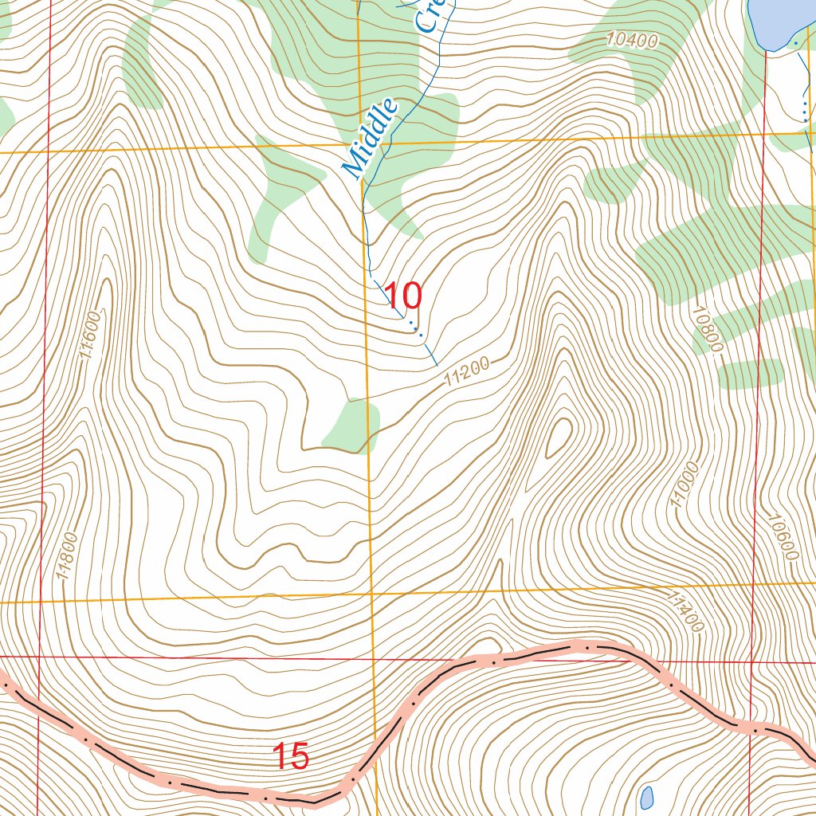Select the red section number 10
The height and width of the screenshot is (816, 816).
(403, 296)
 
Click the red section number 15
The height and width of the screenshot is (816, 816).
(291, 757)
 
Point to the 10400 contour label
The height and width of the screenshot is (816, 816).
(630, 39)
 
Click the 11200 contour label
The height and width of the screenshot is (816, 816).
(467, 372)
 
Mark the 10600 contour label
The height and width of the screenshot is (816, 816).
(783, 535)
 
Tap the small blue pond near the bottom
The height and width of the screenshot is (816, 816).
(647, 796)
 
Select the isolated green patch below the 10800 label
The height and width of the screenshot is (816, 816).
(751, 374)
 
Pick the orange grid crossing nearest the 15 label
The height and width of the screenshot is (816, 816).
(373, 594)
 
